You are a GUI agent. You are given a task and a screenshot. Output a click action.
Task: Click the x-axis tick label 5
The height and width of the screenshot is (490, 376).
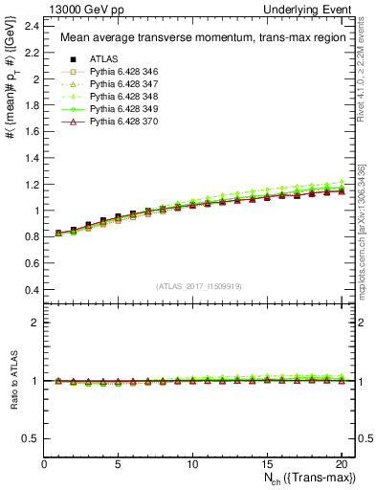(x=118, y=464)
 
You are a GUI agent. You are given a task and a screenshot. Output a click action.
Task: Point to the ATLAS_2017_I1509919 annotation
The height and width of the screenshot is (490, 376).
(x=197, y=285)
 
